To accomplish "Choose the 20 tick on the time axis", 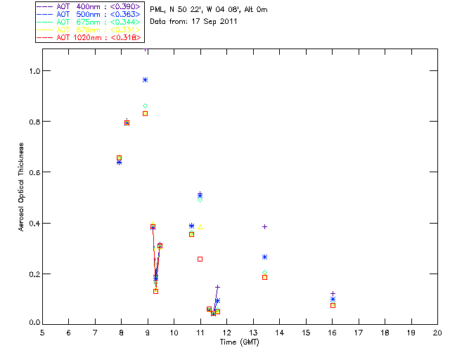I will [437, 332].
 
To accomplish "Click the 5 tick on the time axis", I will [42, 332].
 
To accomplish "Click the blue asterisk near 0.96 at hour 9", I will [146, 80].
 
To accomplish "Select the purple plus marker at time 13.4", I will [264, 226].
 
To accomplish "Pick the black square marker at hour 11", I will [200, 259].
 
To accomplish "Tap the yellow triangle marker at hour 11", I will [200, 226].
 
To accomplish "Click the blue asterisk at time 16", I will [333, 300].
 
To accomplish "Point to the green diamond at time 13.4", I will [264, 272].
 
